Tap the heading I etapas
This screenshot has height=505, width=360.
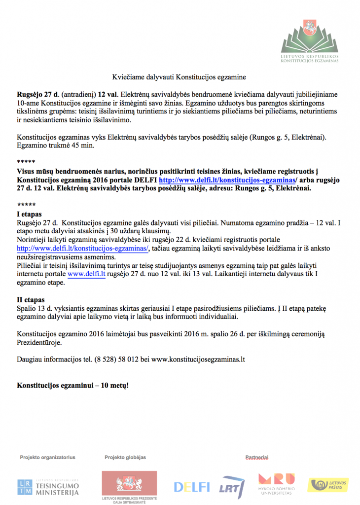point(30,215)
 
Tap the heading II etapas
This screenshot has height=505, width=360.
point(31,300)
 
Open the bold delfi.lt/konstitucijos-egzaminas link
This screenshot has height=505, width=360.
point(227,180)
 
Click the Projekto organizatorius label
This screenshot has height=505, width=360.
point(47,457)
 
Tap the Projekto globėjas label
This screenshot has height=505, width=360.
point(125,457)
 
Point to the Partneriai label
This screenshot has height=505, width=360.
point(256,458)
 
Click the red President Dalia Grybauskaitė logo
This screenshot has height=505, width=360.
point(130,486)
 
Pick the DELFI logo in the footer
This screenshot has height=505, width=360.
point(191,487)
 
